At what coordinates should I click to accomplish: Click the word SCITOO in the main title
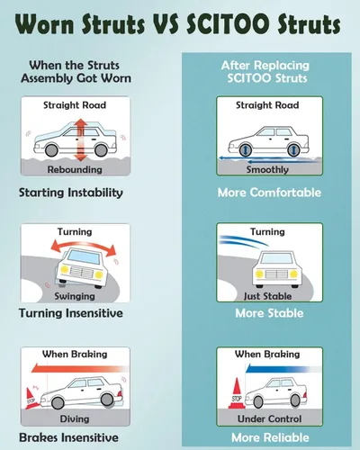click(228, 24)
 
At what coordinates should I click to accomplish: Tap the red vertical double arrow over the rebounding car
click(80, 139)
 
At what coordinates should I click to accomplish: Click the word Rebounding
click(75, 169)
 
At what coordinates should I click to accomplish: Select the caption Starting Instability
click(71, 193)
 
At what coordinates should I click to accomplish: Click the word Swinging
click(75, 296)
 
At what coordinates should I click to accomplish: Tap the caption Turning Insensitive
click(71, 313)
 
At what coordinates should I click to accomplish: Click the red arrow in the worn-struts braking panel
click(79, 368)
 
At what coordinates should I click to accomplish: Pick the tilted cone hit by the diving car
click(31, 399)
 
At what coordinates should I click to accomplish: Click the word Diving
click(75, 418)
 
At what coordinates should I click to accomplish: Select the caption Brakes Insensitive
click(68, 437)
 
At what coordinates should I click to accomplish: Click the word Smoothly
click(267, 170)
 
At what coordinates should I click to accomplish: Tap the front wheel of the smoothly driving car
click(245, 149)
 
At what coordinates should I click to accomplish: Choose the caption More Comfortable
click(269, 193)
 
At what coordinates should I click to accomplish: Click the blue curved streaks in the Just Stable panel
click(243, 241)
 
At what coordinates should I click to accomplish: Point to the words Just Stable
click(267, 296)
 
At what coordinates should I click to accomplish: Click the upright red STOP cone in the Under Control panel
click(237, 393)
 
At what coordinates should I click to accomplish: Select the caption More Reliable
click(270, 437)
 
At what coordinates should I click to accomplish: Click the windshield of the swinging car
click(84, 257)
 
